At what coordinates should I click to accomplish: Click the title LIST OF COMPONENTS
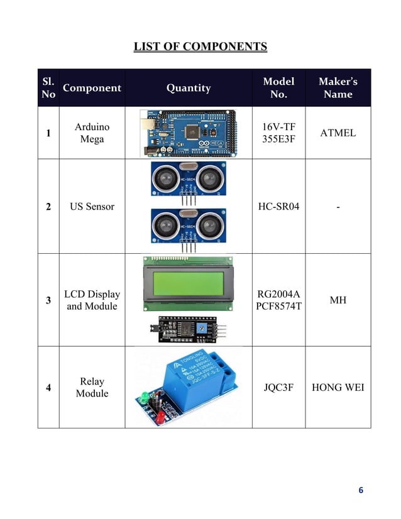point(200,46)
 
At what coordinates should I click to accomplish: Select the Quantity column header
point(189,88)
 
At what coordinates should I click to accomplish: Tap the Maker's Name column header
point(338,88)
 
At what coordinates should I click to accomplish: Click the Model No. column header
point(278,88)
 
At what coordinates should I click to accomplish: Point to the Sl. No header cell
point(48,88)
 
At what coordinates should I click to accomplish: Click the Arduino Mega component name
point(92,133)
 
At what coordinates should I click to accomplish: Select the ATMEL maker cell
point(338,133)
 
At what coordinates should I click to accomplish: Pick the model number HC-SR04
point(278,206)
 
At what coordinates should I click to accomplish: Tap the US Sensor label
point(92,206)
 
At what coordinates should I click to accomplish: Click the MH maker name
point(338,300)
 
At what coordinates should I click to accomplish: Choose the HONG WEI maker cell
point(338,387)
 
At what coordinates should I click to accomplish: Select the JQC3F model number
point(278,387)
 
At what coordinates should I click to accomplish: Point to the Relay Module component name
point(92,387)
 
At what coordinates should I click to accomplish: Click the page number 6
point(361,490)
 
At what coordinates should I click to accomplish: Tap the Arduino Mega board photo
point(189,133)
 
